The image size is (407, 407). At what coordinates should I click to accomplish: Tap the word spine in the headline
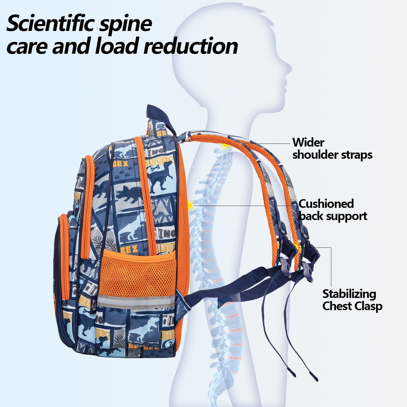pyautogui.click(x=128, y=24)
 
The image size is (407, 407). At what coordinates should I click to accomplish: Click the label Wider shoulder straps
pyautogui.click(x=332, y=149)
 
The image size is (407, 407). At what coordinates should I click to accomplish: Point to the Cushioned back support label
pyautogui.click(x=333, y=210)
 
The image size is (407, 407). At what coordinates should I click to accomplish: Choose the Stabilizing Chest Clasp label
pyautogui.click(x=352, y=300)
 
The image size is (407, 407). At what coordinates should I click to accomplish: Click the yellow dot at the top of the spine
pyautogui.click(x=225, y=146)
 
